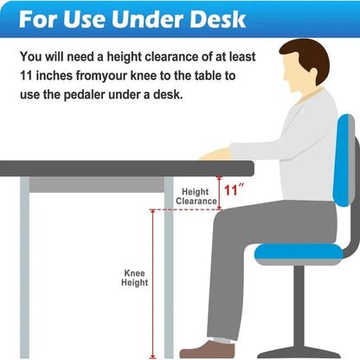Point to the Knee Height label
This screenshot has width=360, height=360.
134,278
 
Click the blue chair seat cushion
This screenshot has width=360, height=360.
299,252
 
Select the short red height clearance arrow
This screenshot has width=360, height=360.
220,194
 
